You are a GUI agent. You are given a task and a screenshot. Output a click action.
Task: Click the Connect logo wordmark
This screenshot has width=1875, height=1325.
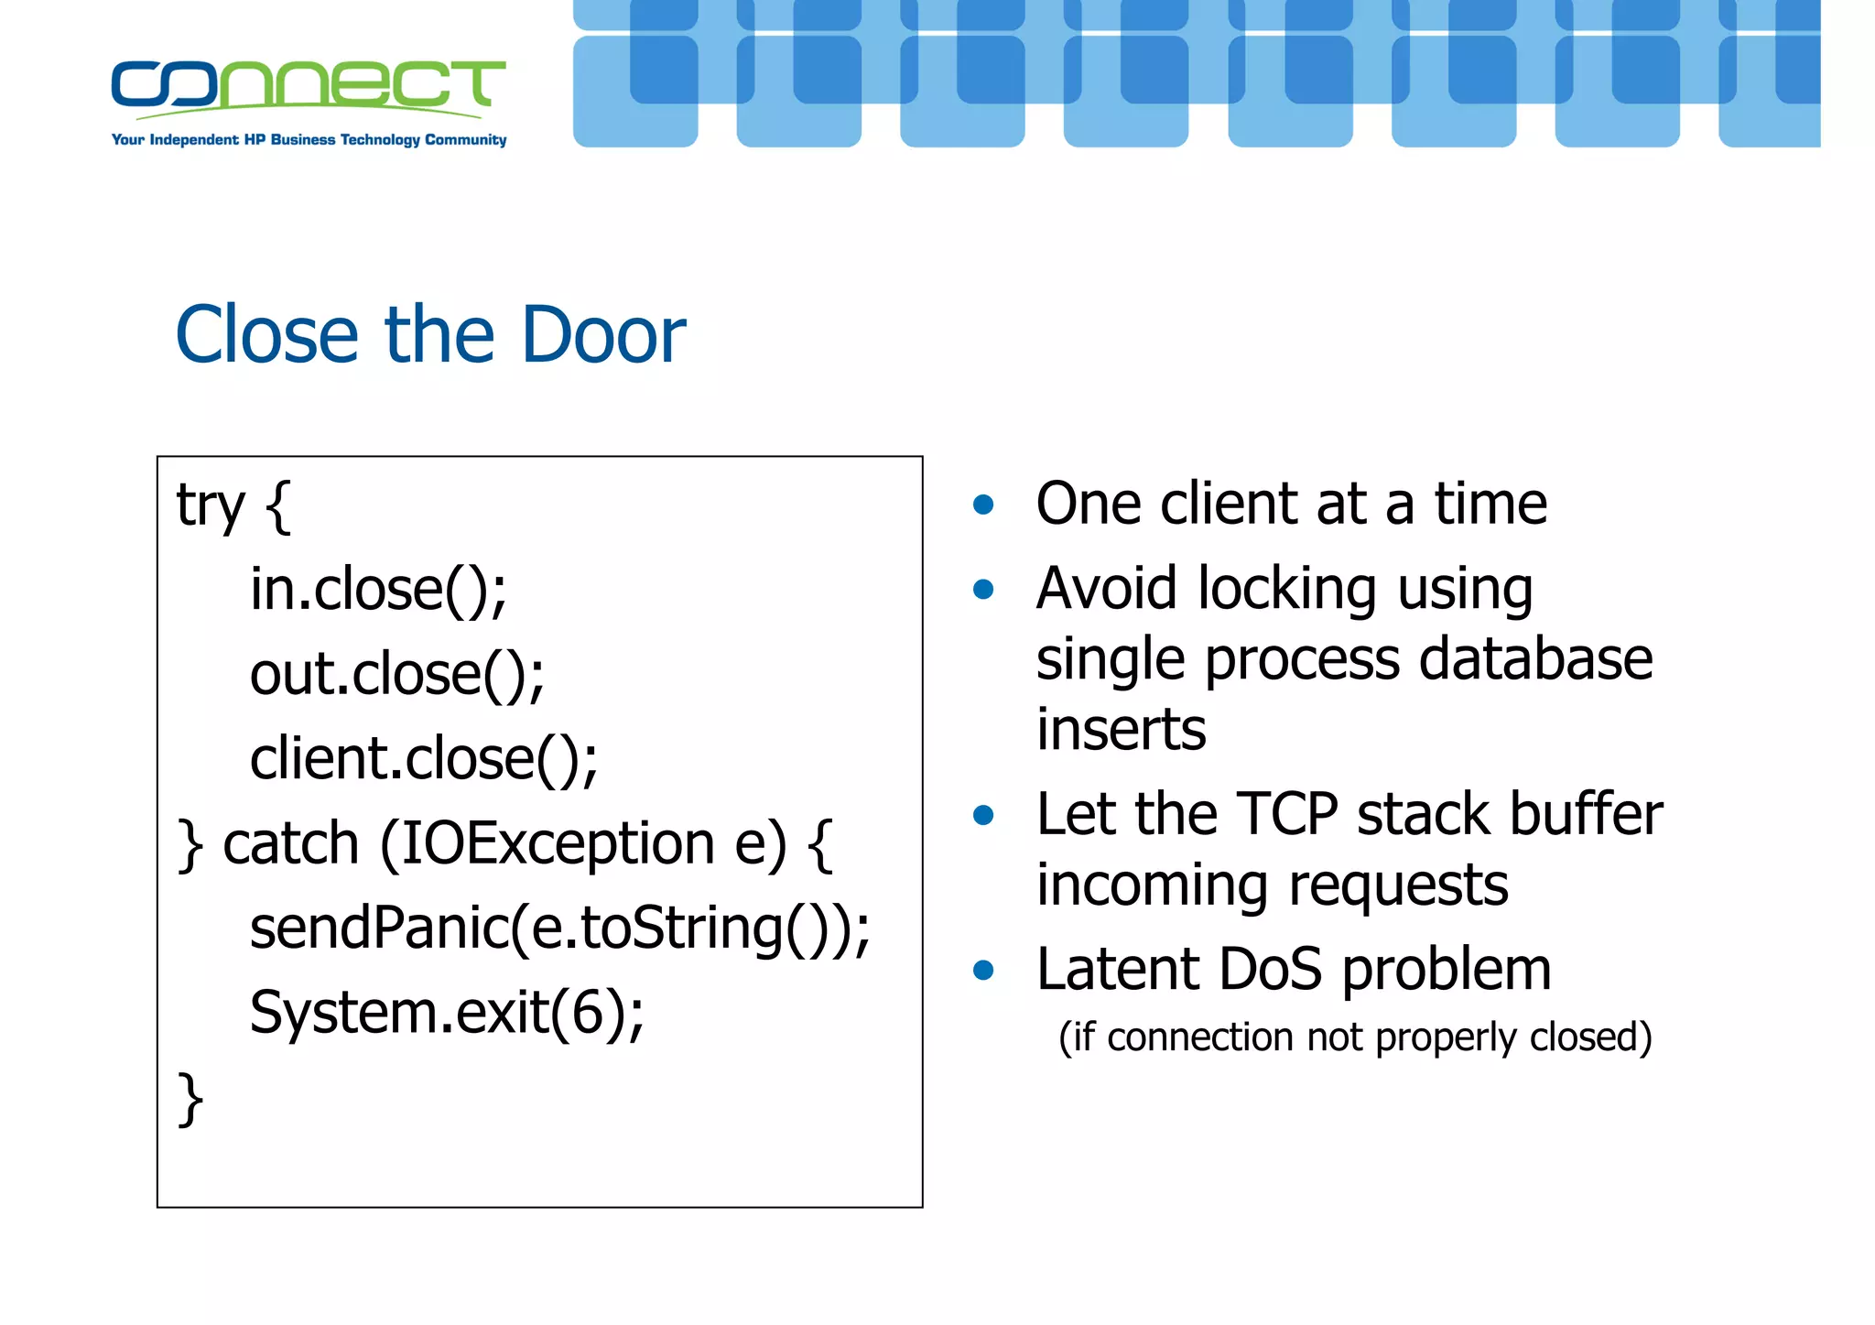[x=308, y=84]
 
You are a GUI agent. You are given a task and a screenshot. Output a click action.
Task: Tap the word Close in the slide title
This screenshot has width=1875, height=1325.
[x=266, y=335]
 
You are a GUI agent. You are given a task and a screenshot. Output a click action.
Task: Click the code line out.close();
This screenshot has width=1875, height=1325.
[x=396, y=674]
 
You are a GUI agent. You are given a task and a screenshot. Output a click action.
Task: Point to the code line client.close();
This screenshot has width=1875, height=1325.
[x=423, y=759]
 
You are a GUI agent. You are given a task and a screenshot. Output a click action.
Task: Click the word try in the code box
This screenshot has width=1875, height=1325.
[x=211, y=505]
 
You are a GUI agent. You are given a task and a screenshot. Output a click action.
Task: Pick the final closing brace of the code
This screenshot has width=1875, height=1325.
[x=190, y=1098]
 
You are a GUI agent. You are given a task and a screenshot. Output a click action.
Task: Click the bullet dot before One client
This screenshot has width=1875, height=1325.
[x=983, y=505]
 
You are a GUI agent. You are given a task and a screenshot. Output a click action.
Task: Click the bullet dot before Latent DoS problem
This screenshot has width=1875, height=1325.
[x=983, y=970]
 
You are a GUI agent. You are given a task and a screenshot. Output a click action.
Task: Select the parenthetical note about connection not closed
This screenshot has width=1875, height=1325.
[x=1355, y=1037]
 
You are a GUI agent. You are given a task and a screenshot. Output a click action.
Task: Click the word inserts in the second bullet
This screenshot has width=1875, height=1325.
[x=1121, y=730]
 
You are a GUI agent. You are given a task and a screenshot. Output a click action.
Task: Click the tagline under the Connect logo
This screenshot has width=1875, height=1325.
[x=309, y=140]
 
